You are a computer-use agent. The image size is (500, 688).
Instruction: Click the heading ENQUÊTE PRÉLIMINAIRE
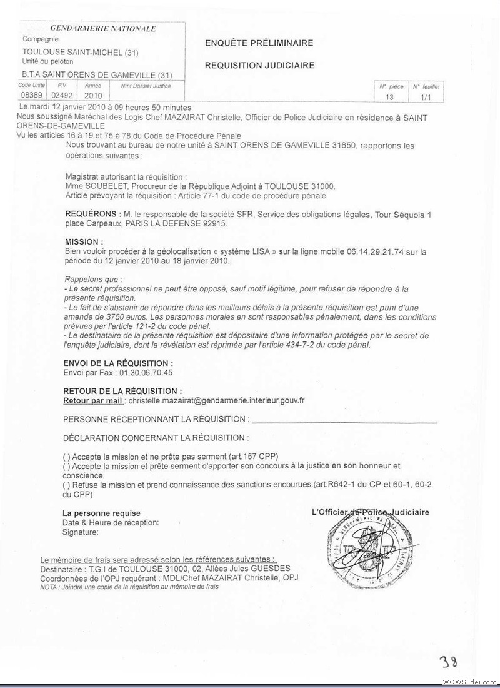259,43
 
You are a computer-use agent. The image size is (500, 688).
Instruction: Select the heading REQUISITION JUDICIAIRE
259,65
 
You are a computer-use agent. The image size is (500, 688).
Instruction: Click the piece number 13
389,98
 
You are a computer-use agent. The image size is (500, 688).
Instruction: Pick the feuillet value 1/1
426,98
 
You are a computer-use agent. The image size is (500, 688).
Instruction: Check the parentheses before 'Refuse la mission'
66,485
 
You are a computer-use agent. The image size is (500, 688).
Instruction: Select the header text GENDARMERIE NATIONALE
103,28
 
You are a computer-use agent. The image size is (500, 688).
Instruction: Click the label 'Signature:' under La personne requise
81,532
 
